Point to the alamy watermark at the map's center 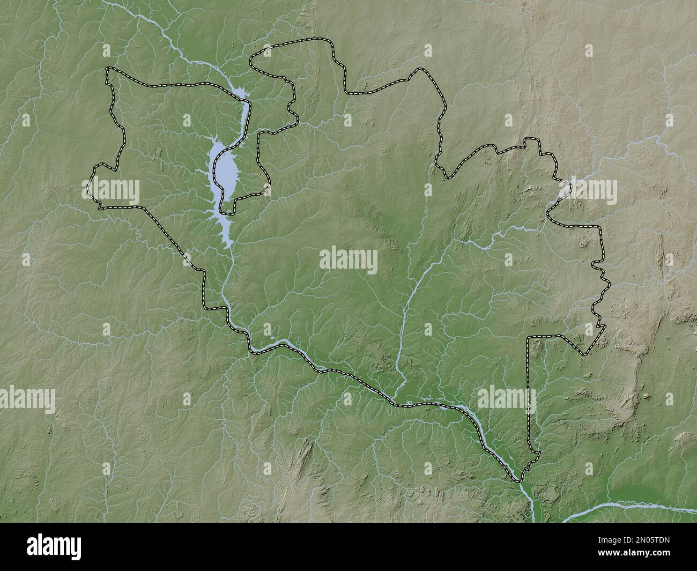click(x=349, y=261)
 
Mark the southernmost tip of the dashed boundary click(x=520, y=481)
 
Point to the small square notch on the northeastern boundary click(x=532, y=142)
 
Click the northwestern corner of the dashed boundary click(x=109, y=70)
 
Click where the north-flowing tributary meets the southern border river click(x=395, y=399)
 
